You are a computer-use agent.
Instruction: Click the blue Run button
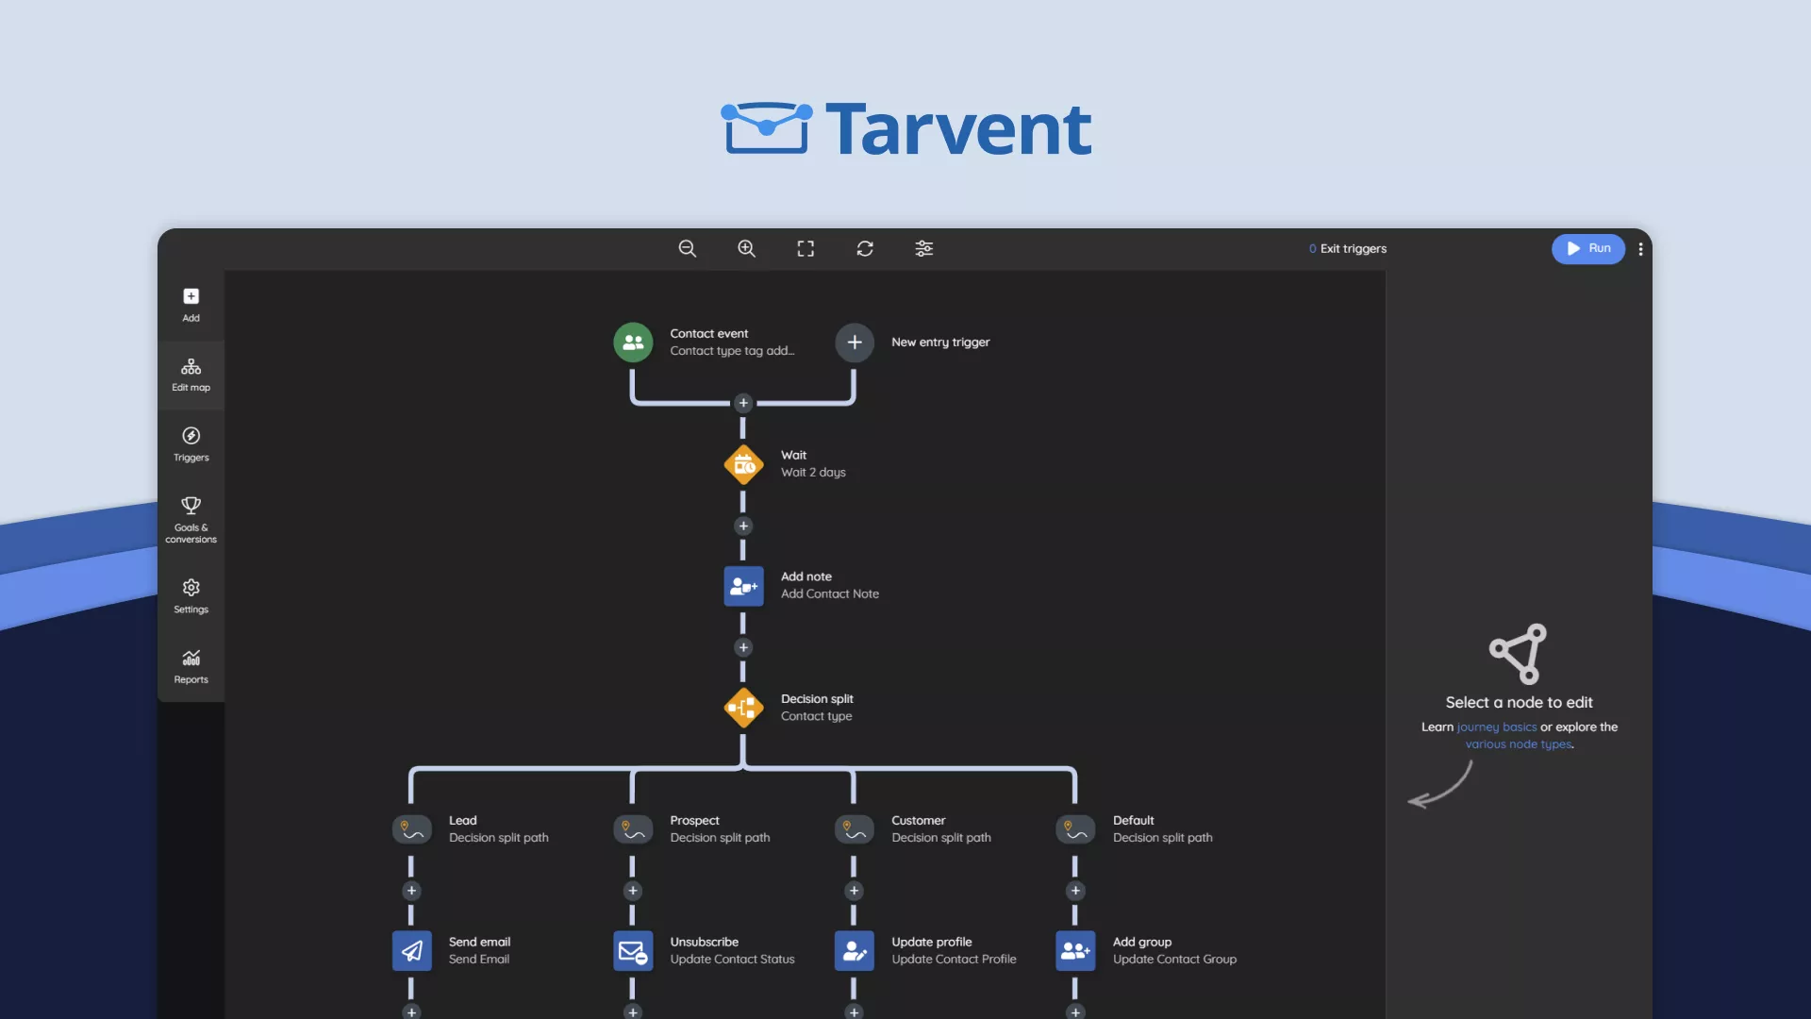1588,248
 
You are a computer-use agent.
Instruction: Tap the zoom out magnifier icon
688,248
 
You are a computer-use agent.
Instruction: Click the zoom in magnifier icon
746,248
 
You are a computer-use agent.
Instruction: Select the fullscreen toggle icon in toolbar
806,248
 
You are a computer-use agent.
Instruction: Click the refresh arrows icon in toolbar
865,248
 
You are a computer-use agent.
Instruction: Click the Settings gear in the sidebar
191,595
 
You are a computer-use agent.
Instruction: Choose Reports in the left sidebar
191,665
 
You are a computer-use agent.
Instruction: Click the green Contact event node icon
633,342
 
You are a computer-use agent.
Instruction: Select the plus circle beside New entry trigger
855,342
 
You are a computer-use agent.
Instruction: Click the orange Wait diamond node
743,464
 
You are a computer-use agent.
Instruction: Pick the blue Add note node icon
743,586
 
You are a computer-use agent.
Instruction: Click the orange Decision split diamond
743,708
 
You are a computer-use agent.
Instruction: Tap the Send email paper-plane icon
411,950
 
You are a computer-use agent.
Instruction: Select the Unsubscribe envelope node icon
633,950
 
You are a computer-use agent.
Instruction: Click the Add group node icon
1075,950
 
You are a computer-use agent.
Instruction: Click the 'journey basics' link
1496,727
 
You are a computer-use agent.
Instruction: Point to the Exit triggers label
1353,249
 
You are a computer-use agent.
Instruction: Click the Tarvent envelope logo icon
766,127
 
